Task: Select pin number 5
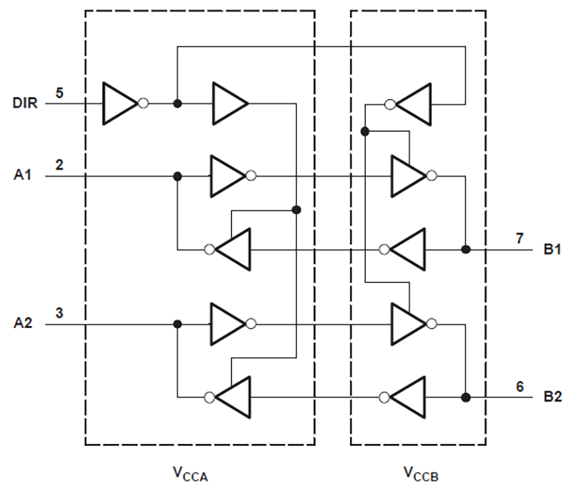[x=60, y=92]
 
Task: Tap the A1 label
[x=23, y=176]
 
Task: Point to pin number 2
[x=60, y=164]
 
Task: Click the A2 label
[x=23, y=325]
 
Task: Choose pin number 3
[x=60, y=313]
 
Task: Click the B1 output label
[x=552, y=250]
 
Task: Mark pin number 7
[x=520, y=238]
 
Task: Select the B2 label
[x=552, y=397]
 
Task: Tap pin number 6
[x=520, y=386]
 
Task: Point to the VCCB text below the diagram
[x=418, y=472]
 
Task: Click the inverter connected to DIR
[x=121, y=104]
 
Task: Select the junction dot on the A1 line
[x=177, y=176]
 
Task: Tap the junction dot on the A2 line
[x=177, y=325]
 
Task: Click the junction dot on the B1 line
[x=465, y=250]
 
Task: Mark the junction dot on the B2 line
[x=465, y=397]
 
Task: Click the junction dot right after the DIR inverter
[x=177, y=104]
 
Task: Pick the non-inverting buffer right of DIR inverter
[x=229, y=104]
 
